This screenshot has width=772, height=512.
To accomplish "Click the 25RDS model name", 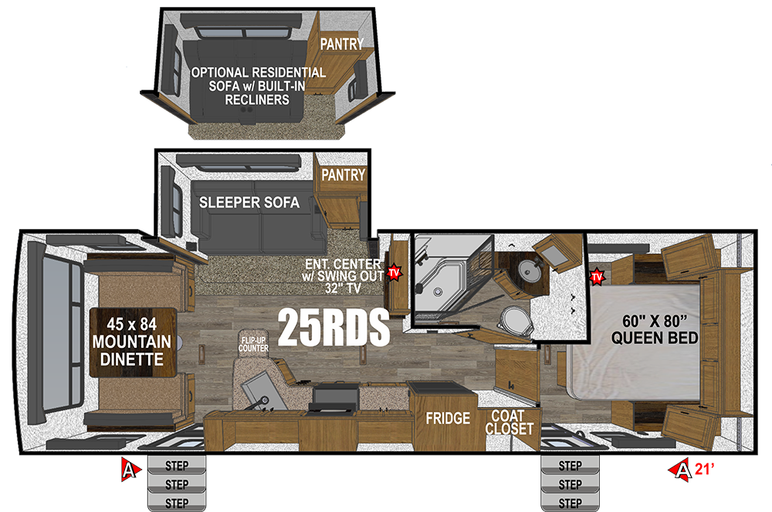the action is pos(334,327).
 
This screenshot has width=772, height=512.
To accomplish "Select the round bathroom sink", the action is pos(530,270).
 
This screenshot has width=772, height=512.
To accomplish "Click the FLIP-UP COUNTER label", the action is pos(253,344).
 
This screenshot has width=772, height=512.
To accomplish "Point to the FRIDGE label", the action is pos(448,418).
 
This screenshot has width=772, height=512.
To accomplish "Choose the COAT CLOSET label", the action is pos(509,423).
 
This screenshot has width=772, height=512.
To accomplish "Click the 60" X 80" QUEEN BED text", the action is pos(655,329).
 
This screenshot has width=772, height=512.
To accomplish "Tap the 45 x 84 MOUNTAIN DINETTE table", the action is pos(133,342).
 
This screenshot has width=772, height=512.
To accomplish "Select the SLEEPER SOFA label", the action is pos(249,202).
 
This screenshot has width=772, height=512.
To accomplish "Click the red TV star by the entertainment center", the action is pos(394,272).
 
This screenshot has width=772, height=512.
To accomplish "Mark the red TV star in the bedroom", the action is pos(597,276).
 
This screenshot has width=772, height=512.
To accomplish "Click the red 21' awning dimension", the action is pos(705,470).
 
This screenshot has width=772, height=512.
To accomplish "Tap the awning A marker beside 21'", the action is pos(681,470).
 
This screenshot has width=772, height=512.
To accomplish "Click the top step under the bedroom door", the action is pos(571,465).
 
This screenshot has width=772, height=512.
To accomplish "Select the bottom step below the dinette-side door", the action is pos(177,503).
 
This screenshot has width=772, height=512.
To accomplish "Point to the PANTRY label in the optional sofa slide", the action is pos(342,44).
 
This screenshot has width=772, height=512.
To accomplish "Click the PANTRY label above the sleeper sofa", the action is pos(344,174).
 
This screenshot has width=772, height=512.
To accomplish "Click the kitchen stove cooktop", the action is pos(335,399).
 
